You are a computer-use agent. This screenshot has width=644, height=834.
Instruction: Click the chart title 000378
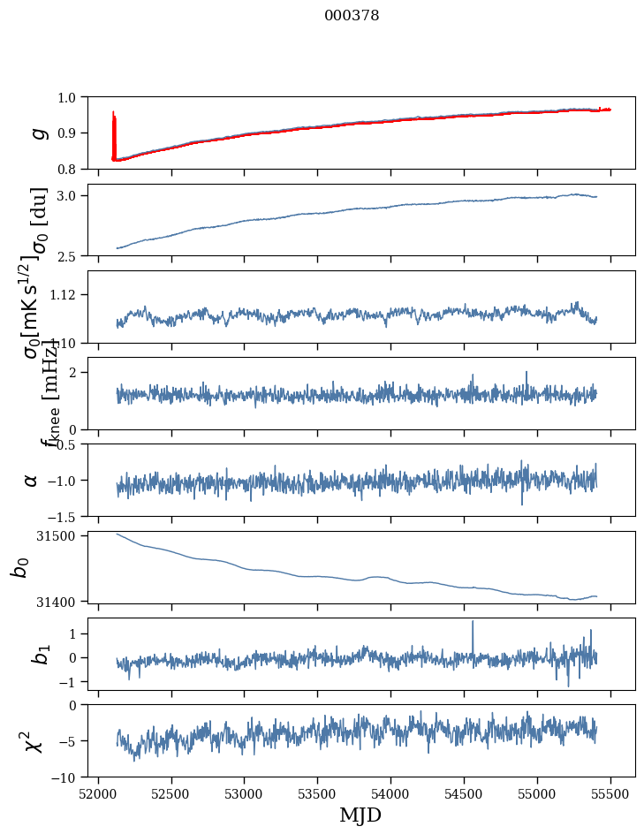pos(352,15)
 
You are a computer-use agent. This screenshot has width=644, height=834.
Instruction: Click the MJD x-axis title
pos(360,815)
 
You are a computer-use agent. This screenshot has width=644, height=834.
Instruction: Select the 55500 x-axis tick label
pos(610,793)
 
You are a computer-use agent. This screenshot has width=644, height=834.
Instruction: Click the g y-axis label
pos(37,133)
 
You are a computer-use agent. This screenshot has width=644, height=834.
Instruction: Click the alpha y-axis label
pos(32,480)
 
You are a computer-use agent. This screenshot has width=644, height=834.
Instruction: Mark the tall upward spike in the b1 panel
pos(473,624)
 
